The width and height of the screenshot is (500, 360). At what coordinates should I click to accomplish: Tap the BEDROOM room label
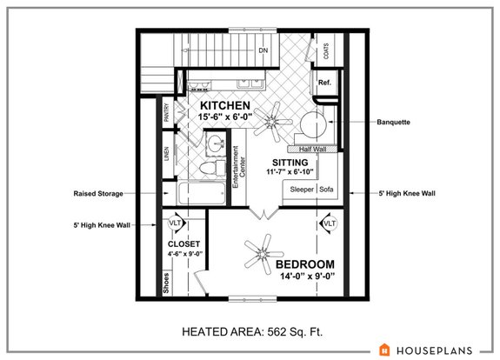click(305, 263)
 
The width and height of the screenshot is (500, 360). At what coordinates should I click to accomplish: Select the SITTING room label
click(290, 162)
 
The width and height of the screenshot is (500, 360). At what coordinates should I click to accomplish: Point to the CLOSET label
click(183, 244)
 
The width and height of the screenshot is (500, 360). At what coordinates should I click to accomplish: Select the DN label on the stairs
click(263, 50)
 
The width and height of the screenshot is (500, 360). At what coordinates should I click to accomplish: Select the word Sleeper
click(302, 189)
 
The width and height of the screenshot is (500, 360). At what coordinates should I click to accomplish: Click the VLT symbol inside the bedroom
click(330, 224)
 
